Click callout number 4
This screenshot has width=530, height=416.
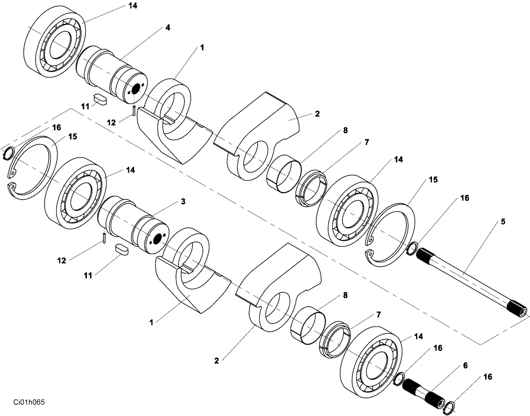(x=168, y=28)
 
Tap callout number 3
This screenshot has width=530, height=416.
(x=183, y=202)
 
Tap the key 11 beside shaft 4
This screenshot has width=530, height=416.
(x=100, y=98)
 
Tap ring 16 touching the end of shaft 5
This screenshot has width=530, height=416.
(x=411, y=247)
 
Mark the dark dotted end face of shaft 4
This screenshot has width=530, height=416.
(x=136, y=90)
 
